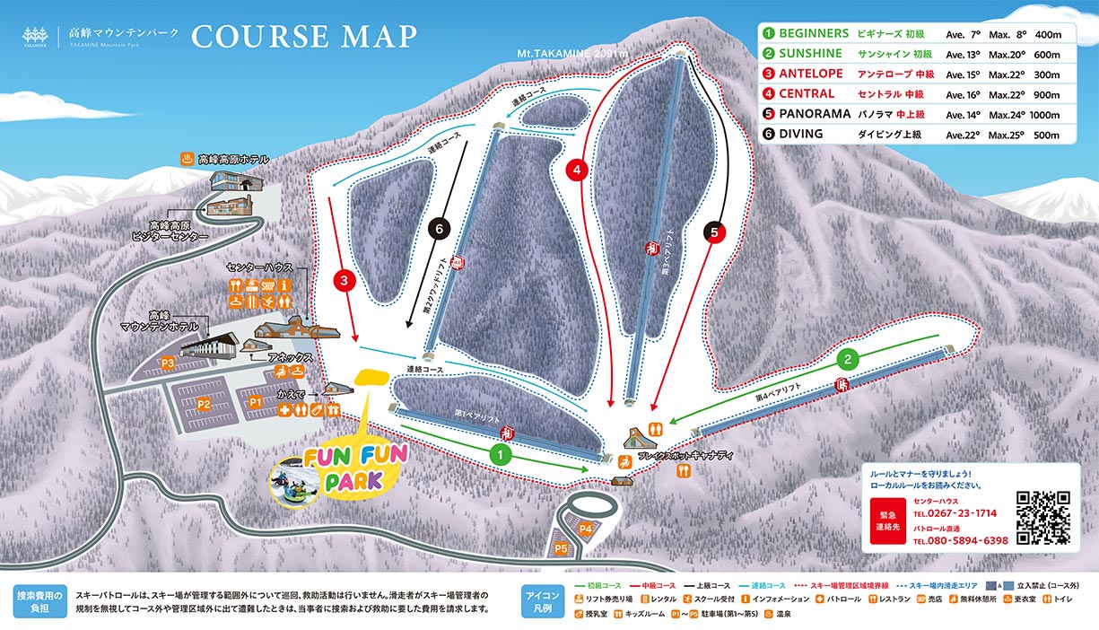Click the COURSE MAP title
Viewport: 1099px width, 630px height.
(x=304, y=36)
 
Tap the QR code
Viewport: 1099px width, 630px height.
(x=1043, y=519)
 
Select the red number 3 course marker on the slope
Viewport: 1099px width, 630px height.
(x=345, y=282)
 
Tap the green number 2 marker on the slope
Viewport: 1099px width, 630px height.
(x=848, y=360)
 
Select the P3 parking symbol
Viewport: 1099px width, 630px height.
(x=167, y=363)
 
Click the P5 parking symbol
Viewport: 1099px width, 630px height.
(x=562, y=547)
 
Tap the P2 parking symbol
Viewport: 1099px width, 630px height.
(x=204, y=404)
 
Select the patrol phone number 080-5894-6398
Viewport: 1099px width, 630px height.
(x=960, y=541)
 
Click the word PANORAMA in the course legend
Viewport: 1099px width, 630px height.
(x=815, y=114)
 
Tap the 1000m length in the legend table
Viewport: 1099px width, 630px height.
(x=1044, y=115)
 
